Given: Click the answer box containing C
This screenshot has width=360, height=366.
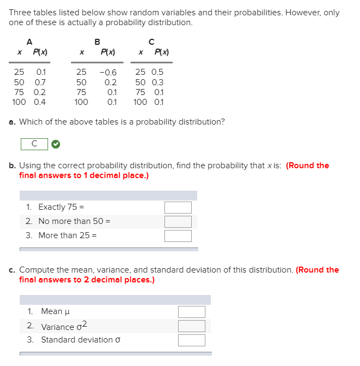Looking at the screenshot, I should tap(34, 144).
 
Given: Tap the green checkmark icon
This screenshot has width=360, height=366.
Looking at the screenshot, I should tap(56, 144).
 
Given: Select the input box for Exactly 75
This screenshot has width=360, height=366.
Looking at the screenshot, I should tap(178, 208).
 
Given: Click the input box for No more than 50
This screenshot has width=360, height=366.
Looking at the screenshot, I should tap(178, 222).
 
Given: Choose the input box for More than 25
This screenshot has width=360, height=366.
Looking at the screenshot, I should tap(178, 236).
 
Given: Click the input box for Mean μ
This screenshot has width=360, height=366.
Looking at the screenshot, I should tap(191, 311).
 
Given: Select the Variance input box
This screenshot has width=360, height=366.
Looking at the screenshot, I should tap(191, 326).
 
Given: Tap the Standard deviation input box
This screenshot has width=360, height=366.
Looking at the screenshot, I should tap(191, 340).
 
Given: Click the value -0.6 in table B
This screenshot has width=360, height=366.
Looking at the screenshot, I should tap(108, 73).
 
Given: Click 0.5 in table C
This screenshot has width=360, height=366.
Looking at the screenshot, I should tap(157, 72).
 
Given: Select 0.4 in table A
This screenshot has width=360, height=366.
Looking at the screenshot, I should tap(40, 102).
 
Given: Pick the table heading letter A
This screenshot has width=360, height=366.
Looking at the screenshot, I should tap(29, 42).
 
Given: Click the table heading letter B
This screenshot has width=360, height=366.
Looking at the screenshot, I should tap(97, 42).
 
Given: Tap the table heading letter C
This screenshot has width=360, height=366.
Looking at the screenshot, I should tap(151, 42).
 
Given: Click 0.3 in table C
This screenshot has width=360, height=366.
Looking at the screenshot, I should tap(157, 82).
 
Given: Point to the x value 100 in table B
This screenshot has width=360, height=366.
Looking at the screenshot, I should tap(81, 102).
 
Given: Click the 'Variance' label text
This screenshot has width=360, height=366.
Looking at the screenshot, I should tap(57, 327).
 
